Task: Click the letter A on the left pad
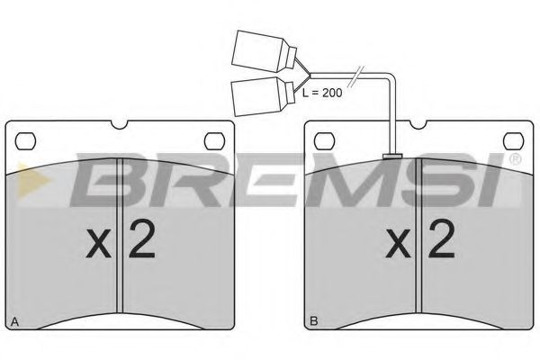pyautogui.click(x=14, y=322)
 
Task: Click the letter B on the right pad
pyautogui.click(x=314, y=322)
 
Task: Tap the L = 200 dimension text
pyautogui.click(x=322, y=93)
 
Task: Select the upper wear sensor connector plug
pyautogui.click(x=264, y=51)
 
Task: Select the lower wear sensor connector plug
pyautogui.click(x=264, y=96)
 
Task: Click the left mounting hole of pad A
pyautogui.click(x=25, y=141)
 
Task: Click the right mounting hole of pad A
pyautogui.click(x=214, y=141)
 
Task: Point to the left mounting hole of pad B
pyautogui.click(x=324, y=141)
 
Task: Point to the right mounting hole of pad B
pyautogui.click(x=514, y=141)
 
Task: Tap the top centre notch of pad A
pyautogui.click(x=120, y=124)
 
